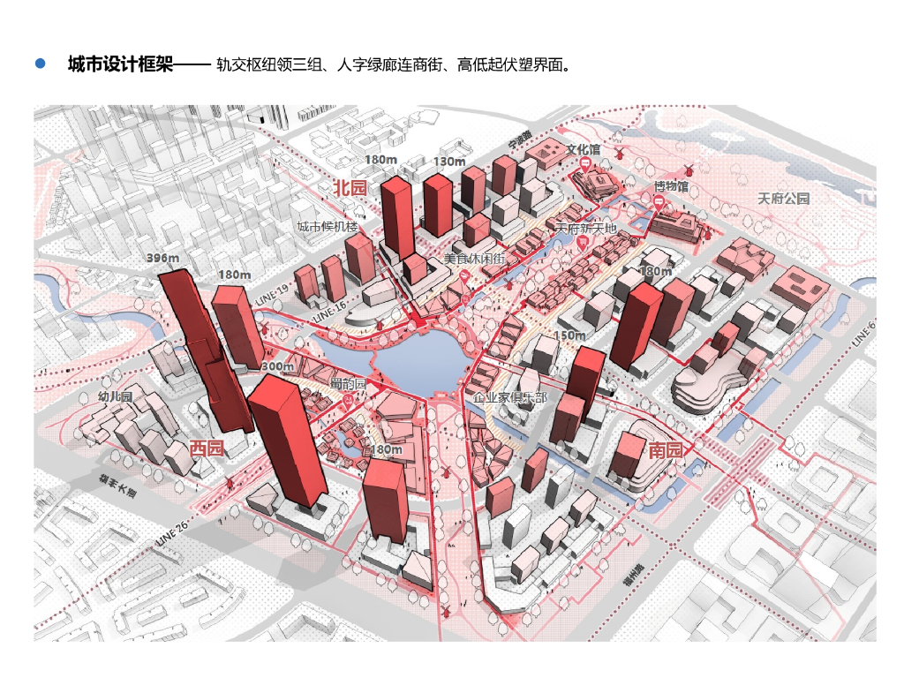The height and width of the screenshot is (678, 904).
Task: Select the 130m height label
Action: click(449, 162)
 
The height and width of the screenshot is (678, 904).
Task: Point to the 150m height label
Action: click(570, 335)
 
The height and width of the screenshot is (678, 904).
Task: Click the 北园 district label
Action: click(349, 188)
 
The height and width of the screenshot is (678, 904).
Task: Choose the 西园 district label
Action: click(207, 448)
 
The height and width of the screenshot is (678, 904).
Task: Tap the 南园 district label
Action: click(666, 449)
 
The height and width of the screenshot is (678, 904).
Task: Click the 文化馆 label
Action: click(583, 150)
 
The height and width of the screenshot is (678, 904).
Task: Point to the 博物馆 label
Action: click(671, 186)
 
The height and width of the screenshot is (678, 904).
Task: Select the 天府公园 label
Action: click(783, 199)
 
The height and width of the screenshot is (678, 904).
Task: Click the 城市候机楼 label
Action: click(327, 227)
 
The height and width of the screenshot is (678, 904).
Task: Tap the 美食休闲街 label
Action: click(474, 259)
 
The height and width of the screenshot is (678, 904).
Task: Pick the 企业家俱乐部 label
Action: click(510, 398)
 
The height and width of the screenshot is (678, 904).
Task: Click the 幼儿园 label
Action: click(114, 396)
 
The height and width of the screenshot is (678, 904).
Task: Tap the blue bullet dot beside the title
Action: click(40, 64)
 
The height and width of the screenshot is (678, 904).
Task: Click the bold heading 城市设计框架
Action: click(119, 64)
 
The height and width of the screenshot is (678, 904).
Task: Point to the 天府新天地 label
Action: click(585, 229)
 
